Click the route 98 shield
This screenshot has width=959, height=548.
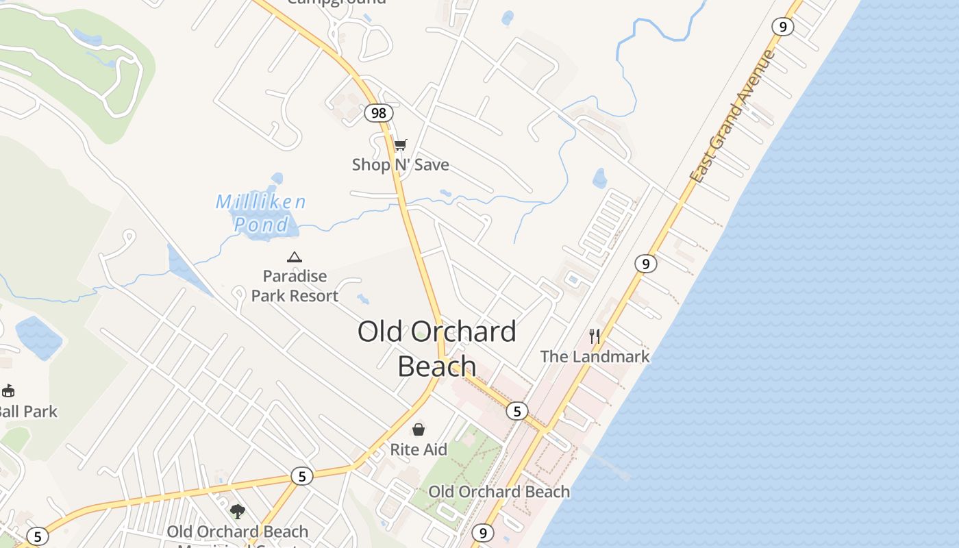378,112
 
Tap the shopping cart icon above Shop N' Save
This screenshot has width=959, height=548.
401,145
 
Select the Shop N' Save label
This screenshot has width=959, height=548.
401,164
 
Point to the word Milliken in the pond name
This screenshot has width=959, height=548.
261,201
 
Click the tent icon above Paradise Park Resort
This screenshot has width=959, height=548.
295,257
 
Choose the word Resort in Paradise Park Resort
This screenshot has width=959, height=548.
313,296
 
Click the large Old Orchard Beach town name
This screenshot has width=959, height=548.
437,348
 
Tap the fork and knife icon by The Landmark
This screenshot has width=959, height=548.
595,336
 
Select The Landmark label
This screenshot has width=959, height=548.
595,356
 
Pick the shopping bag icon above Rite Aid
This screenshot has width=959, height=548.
419,429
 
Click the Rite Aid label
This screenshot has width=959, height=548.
419,449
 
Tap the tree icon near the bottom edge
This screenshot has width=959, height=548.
238,511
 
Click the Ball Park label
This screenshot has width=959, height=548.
28,412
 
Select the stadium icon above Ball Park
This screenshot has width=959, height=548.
8,391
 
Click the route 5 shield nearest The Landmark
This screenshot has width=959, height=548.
517,411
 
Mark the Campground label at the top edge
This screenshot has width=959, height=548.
336,2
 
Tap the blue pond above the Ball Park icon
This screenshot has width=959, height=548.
38,337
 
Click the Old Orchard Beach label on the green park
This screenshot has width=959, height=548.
499,492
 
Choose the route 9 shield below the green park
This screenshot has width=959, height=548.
483,533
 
